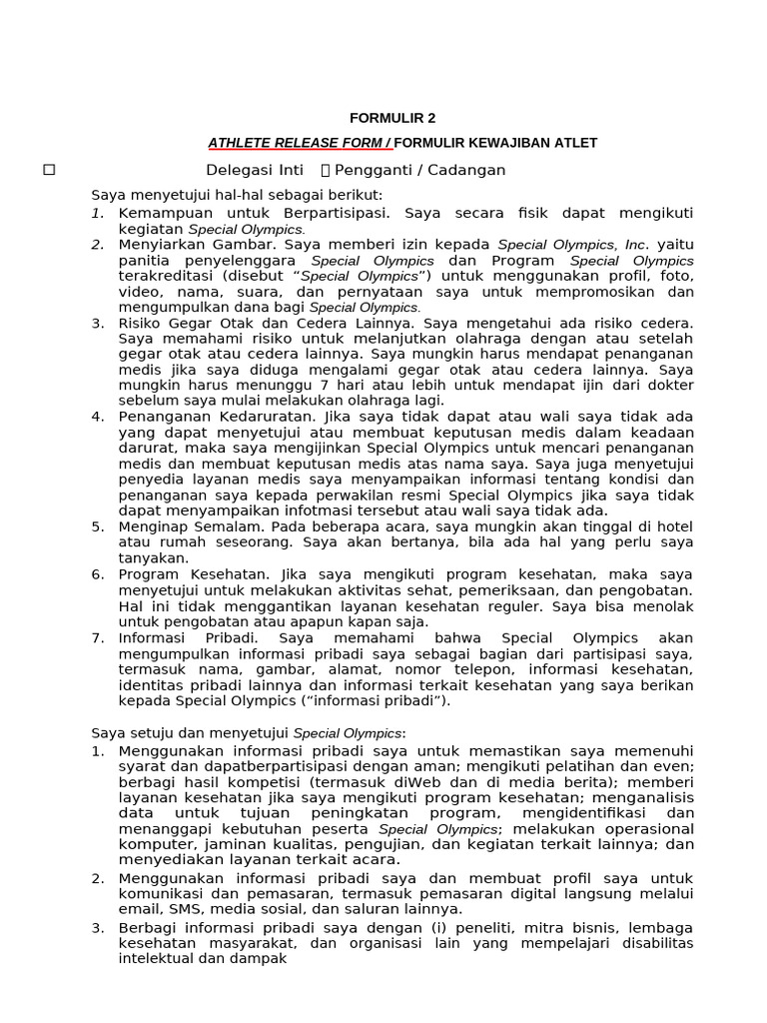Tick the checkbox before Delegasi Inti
pos(49,170)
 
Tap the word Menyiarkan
pos(162,244)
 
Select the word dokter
pos(667,386)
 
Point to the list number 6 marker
pos(98,574)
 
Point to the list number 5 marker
pos(98,525)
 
